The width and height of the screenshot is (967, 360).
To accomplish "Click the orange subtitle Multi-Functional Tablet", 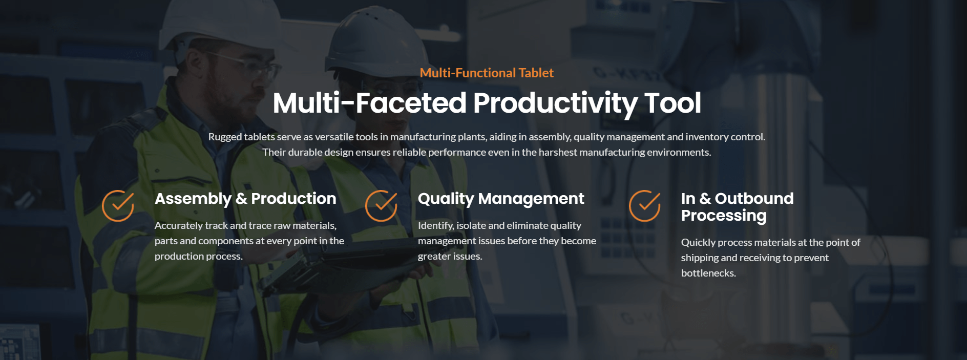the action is (x=487, y=73).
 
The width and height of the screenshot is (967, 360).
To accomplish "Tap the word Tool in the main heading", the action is (x=673, y=102).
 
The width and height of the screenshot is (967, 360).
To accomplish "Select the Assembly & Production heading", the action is (x=245, y=199).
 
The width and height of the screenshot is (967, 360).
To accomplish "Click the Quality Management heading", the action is (x=501, y=199).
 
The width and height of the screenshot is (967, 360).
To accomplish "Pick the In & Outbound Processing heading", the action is (x=738, y=207).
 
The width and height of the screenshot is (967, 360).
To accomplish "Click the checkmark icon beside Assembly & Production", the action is (x=118, y=206).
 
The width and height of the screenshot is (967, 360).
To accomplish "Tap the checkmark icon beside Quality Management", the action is (x=381, y=206).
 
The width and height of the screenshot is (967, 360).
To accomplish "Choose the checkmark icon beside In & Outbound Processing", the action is (x=645, y=206).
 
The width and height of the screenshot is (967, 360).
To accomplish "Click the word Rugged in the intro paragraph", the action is (x=225, y=137).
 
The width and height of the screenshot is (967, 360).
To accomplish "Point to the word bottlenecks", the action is (x=708, y=273).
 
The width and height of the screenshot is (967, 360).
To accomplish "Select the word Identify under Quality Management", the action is (x=436, y=226).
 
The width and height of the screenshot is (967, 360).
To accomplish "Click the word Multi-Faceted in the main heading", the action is (x=370, y=102).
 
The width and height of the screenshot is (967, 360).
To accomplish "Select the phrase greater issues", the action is (x=450, y=257).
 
